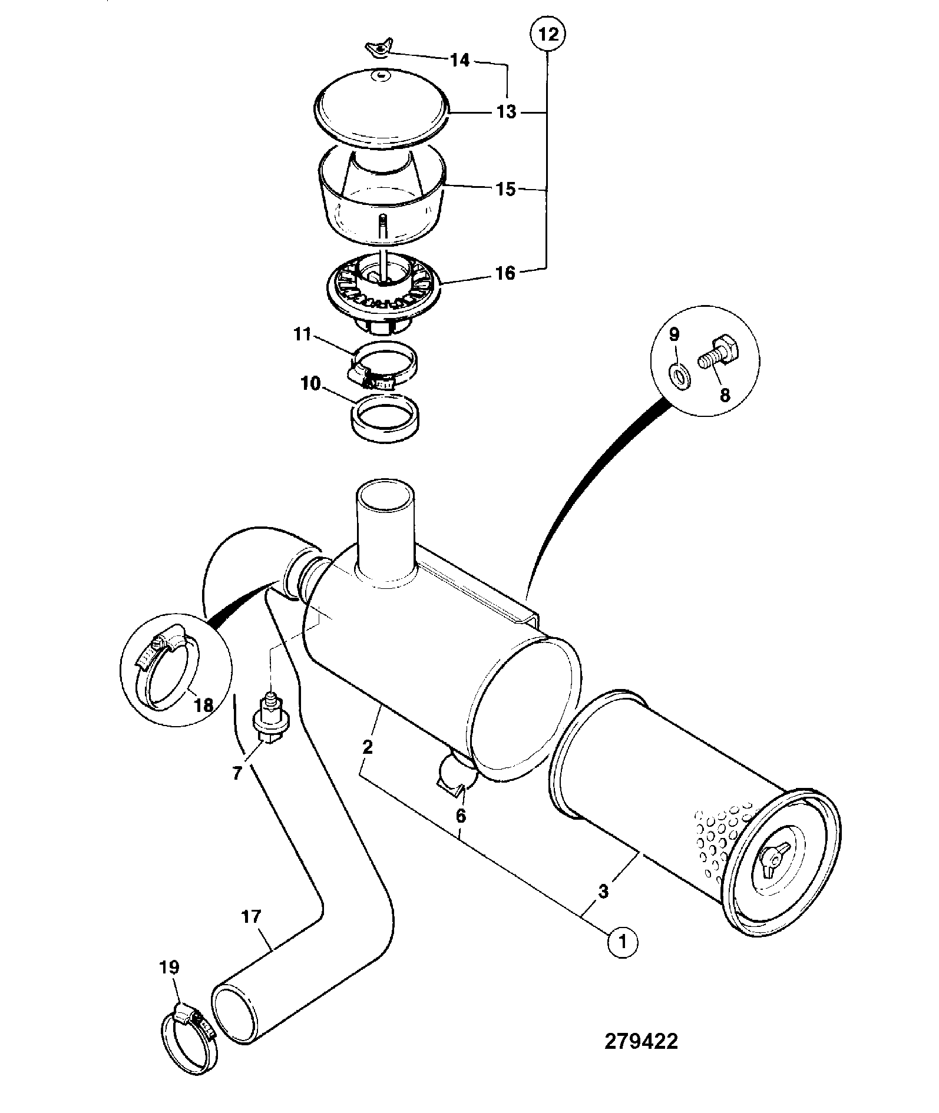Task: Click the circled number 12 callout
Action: pyautogui.click(x=548, y=34)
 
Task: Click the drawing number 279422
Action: pyautogui.click(x=642, y=1041)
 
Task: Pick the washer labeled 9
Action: pyautogui.click(x=682, y=376)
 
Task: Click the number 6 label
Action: pyautogui.click(x=461, y=816)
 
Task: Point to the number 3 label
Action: pyautogui.click(x=603, y=891)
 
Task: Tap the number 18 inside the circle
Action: pyautogui.click(x=203, y=705)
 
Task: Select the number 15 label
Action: pyautogui.click(x=506, y=190)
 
